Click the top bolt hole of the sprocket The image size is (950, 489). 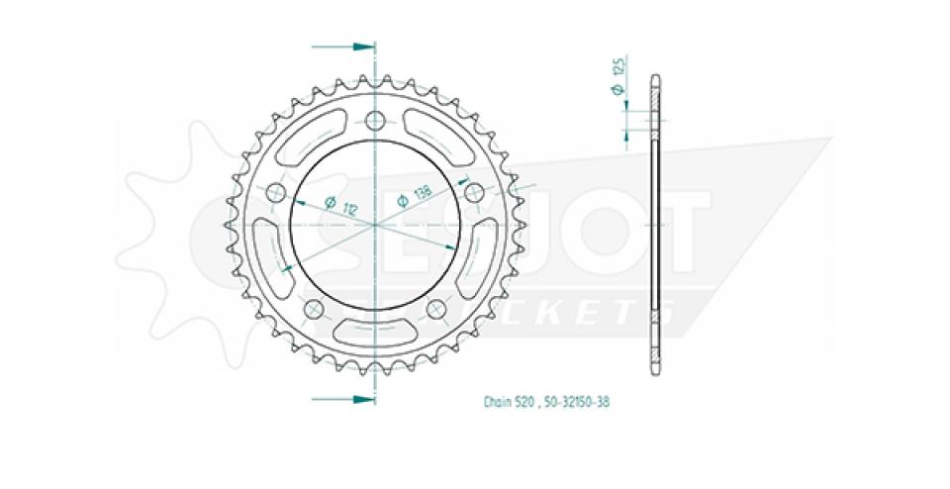(x=375, y=121)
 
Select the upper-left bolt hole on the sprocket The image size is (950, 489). (x=276, y=192)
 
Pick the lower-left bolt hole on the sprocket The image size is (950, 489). (x=314, y=309)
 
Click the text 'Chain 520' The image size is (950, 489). (x=510, y=403)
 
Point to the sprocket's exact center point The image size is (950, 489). (x=375, y=225)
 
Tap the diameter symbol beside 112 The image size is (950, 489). (x=328, y=201)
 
